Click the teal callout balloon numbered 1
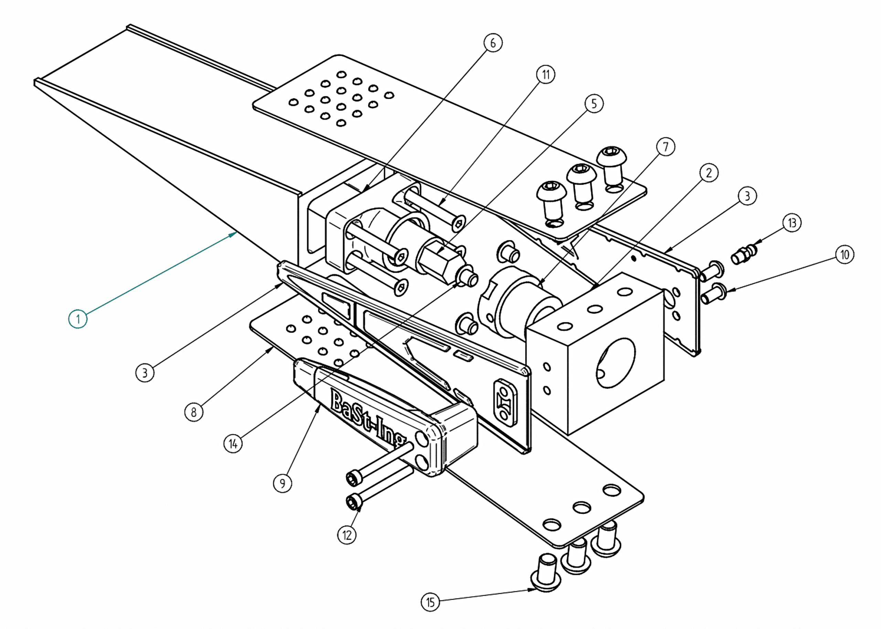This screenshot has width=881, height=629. (77, 319)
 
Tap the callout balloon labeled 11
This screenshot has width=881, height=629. (546, 74)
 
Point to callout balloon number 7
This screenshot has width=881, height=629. (666, 147)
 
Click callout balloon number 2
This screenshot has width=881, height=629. (709, 172)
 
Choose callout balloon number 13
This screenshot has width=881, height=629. (792, 223)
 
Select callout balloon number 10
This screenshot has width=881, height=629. (845, 254)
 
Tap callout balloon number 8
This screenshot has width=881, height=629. (194, 412)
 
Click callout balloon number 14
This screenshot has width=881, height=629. (233, 444)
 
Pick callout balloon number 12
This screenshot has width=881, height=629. (347, 535)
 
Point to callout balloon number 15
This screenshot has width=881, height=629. (431, 602)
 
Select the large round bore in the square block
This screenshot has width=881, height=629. (616, 363)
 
